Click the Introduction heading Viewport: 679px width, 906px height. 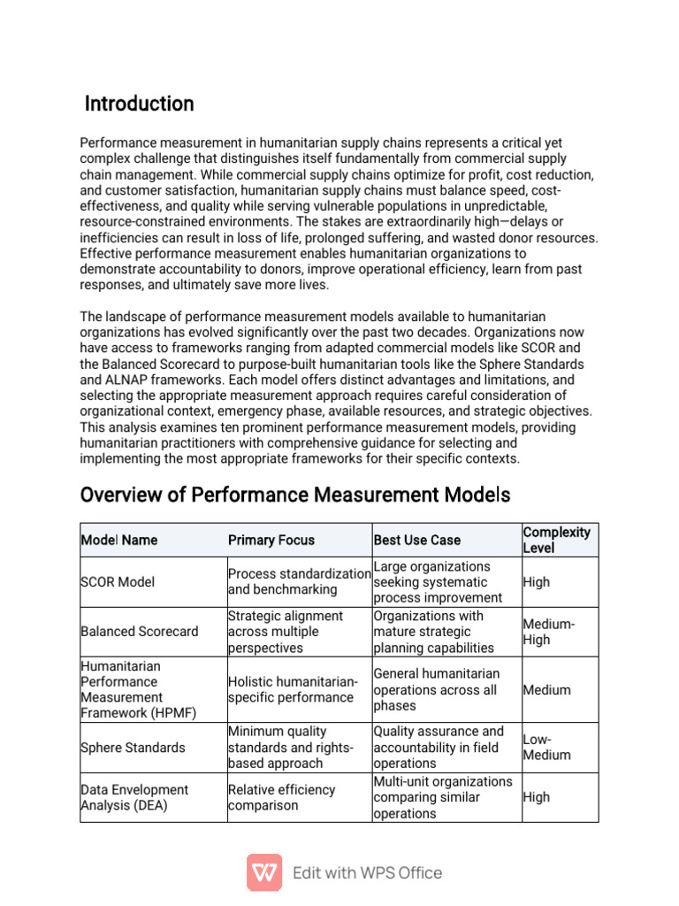pos(139,104)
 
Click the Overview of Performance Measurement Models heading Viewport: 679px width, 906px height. pos(295,494)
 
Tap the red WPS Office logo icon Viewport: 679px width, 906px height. pos(263,872)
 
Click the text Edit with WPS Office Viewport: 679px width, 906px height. pos(367,872)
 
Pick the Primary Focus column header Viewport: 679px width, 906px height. pos(271,540)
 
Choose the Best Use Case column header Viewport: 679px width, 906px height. pos(416,540)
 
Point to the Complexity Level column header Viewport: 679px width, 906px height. pos(556,540)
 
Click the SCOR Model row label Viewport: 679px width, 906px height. pos(117,582)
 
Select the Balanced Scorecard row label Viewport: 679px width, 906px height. pos(139,632)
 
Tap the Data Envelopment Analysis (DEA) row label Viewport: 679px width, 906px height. pos(134,797)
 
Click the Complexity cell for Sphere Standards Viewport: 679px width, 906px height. pos(546,747)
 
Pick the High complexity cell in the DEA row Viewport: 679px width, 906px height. pos(536,797)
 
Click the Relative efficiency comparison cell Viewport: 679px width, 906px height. pos(281,797)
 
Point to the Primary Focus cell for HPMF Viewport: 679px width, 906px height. pos(292,689)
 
